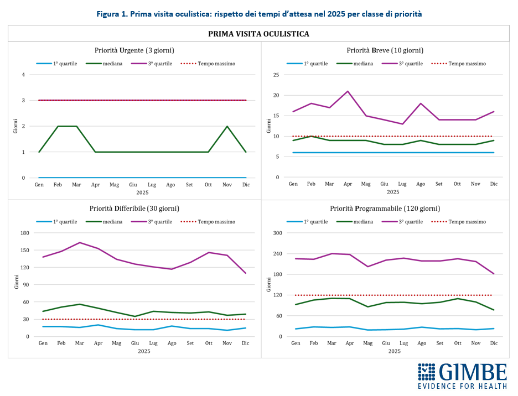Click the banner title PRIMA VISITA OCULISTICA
tap(258, 34)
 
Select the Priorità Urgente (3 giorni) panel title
tap(135, 50)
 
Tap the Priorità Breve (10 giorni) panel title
tap(393, 50)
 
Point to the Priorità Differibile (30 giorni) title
tap(134, 209)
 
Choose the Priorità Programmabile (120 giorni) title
tap(393, 209)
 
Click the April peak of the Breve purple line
tap(348, 91)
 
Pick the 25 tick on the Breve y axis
tap(275, 75)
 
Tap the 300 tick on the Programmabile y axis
tap(278, 233)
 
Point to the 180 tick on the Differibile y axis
tap(24, 233)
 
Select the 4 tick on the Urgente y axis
tap(24, 75)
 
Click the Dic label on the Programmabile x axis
tap(494, 343)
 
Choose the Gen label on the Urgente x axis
tap(39, 184)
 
